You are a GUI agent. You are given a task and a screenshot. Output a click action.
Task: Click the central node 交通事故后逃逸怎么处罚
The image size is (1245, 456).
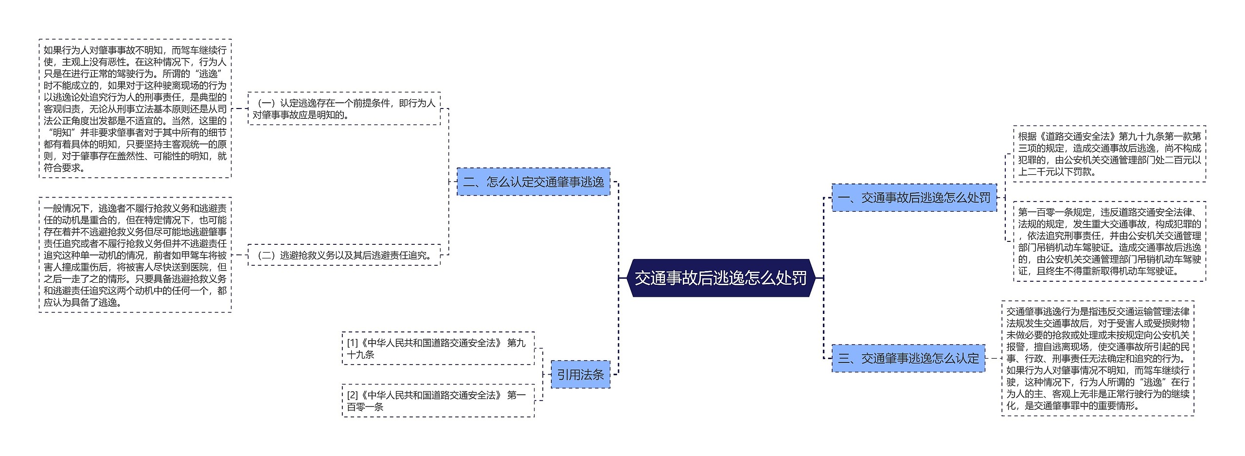[721, 278]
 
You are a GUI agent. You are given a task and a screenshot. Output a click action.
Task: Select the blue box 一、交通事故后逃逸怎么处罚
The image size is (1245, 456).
[914, 198]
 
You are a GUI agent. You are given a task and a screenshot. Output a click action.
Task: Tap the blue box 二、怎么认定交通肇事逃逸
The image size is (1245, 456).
[533, 182]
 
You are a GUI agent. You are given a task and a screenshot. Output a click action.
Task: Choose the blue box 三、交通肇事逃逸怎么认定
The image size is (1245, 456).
[908, 359]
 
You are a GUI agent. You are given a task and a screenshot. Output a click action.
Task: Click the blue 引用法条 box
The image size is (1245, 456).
[580, 375]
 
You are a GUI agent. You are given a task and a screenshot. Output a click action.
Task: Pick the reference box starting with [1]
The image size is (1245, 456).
[438, 348]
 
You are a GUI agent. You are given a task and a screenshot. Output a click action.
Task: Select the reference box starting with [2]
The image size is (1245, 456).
[438, 401]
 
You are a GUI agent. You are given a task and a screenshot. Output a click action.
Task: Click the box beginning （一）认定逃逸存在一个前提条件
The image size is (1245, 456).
[344, 109]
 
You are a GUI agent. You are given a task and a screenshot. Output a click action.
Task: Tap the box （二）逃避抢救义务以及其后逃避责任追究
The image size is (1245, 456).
[344, 255]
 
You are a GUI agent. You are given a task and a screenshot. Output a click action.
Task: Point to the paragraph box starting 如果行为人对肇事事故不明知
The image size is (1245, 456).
[135, 109]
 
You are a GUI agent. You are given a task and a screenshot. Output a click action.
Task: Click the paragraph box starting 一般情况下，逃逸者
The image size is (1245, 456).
[135, 255]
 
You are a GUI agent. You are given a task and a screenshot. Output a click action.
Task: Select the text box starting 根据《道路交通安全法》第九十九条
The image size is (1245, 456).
[1109, 154]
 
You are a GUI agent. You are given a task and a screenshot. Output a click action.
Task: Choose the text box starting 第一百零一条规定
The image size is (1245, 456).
[1109, 241]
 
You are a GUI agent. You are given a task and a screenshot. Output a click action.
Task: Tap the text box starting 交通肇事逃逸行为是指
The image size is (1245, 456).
[1098, 358]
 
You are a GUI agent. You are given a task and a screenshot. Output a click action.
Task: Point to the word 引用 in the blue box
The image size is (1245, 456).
[569, 375]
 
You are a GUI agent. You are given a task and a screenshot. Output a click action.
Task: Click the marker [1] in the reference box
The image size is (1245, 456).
[352, 343]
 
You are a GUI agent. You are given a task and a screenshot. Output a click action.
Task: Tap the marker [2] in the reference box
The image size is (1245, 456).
[352, 395]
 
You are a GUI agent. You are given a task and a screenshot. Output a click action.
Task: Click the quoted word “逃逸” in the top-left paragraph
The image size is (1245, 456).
[208, 74]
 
